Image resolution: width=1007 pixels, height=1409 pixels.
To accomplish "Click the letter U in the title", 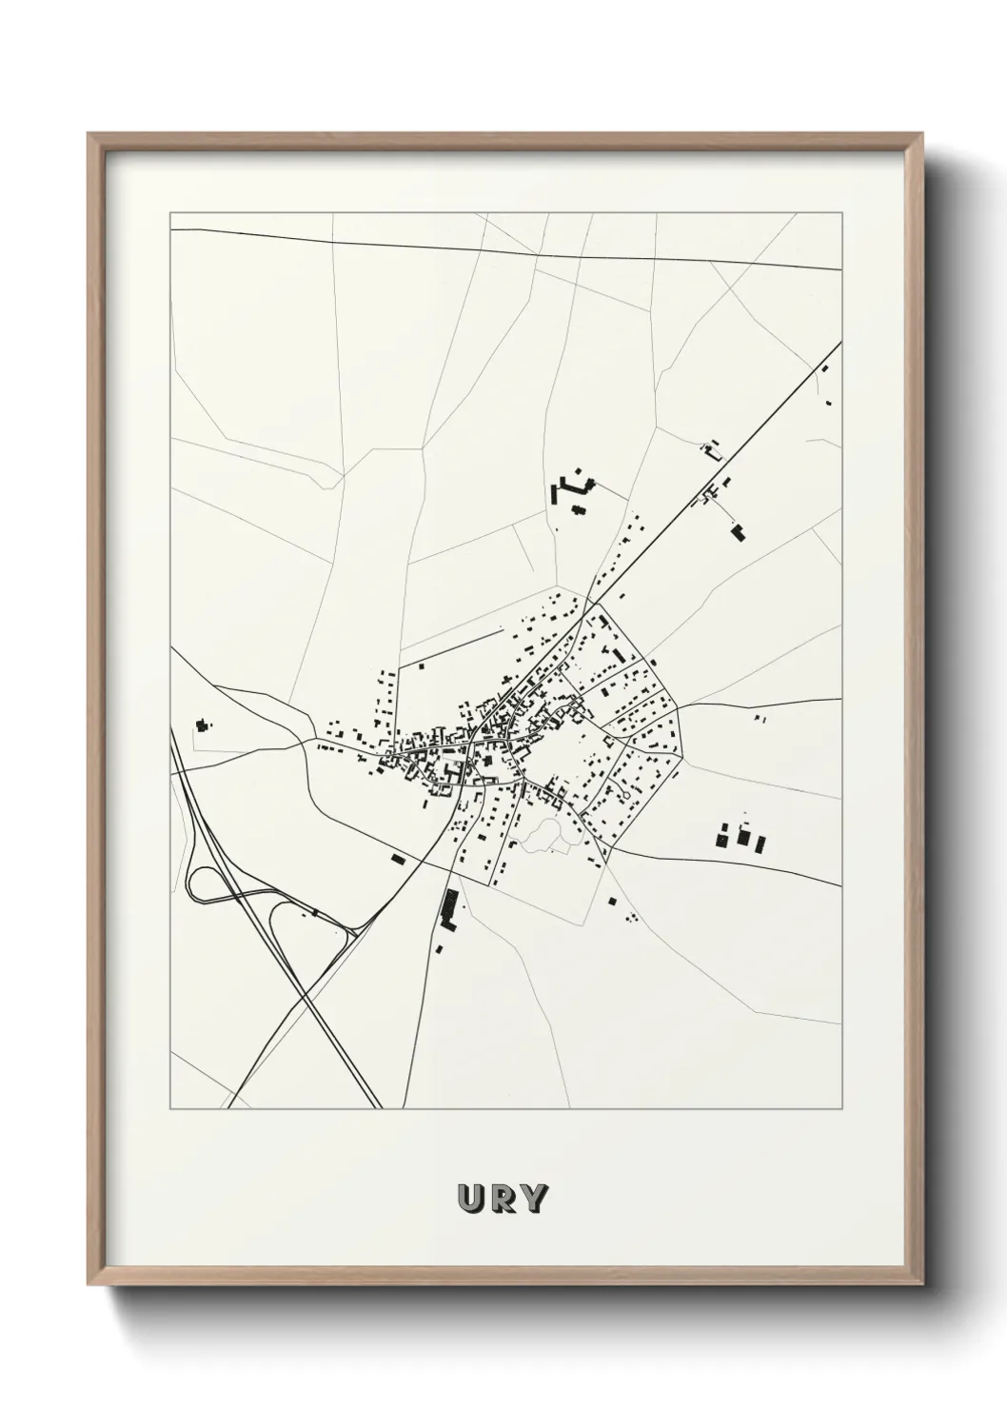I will (471, 1199).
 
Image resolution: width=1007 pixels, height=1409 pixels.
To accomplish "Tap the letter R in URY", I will (502, 1199).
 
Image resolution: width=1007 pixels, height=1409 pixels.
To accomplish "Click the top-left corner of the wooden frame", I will (89, 134).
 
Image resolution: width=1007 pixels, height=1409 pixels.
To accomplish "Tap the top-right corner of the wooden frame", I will (922, 134).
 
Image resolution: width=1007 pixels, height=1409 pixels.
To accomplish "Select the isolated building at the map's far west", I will (201, 725).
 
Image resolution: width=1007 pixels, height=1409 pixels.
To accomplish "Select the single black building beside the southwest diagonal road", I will (399, 859).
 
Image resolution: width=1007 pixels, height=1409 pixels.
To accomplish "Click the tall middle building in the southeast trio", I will (744, 837).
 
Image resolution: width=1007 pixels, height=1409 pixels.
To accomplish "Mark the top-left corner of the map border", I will (170, 213).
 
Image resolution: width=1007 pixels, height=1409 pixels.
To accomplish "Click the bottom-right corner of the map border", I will (841, 1108).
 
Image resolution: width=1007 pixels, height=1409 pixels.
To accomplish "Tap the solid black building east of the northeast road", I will (738, 533).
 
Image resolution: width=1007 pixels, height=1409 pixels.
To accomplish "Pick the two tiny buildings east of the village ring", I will (759, 720).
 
